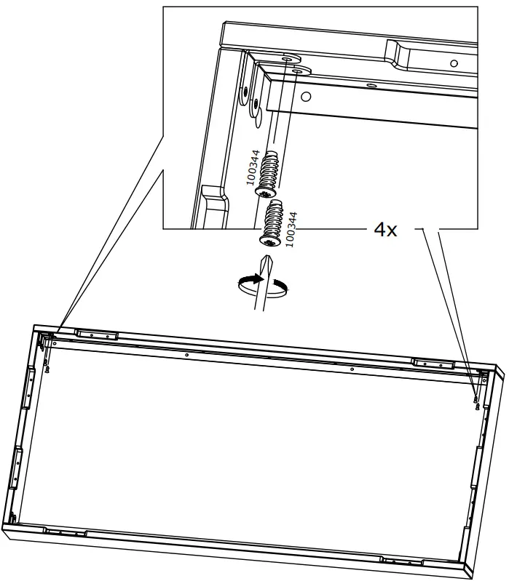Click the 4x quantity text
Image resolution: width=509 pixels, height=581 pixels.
[385, 231]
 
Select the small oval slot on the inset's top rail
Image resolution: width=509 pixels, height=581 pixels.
[371, 84]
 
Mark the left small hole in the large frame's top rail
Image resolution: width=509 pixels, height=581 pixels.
[187, 355]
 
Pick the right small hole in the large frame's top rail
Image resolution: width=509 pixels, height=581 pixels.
[352, 369]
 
